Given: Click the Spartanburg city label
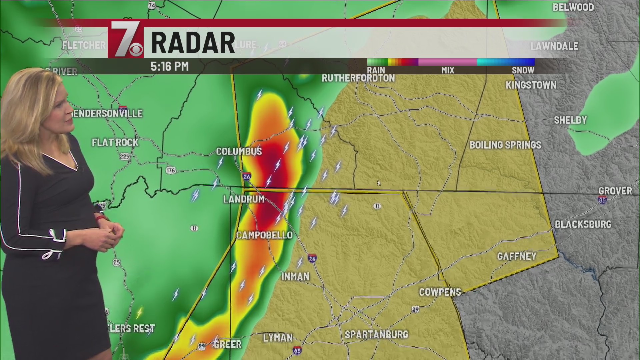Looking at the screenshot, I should click(x=376, y=335).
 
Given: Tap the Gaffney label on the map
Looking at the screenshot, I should click(x=517, y=256).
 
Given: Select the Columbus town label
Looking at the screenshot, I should click(x=239, y=152).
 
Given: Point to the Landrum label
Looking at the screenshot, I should click(x=244, y=199).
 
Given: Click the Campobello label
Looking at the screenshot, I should click(x=264, y=235).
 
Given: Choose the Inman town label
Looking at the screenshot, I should click(x=295, y=277).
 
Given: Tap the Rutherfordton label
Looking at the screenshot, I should click(x=358, y=78).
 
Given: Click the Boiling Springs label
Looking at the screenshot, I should click(x=505, y=145).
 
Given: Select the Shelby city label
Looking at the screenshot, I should click(x=570, y=120).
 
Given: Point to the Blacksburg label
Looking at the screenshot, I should click(x=583, y=224).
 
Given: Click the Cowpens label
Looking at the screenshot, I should click(x=440, y=292).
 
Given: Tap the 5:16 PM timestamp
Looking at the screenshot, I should click(x=170, y=66).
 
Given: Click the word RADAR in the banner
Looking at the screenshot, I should click(x=193, y=43).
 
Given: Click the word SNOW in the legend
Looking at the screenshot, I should click(x=523, y=70).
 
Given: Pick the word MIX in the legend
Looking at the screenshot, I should click(x=447, y=70).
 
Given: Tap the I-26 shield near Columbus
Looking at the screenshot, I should click(x=247, y=176).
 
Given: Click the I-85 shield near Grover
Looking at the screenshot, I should click(x=602, y=200).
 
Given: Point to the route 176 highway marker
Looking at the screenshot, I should click(x=171, y=170).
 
